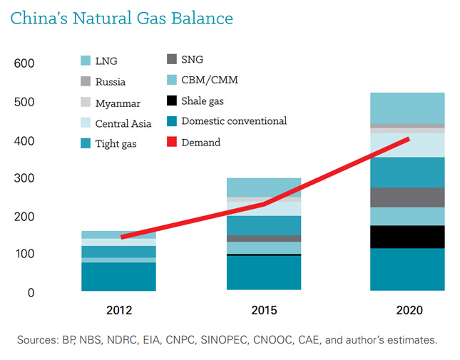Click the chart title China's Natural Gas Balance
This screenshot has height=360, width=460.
click(121, 17)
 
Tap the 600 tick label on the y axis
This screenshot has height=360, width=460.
click(24, 64)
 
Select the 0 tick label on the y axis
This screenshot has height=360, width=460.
click(30, 293)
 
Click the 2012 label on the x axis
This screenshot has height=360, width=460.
click(118, 311)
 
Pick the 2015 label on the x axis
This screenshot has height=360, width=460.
click(264, 311)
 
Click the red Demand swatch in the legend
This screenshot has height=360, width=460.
click(171, 142)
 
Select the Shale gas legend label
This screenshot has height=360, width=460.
click(203, 101)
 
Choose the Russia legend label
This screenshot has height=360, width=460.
click(111, 82)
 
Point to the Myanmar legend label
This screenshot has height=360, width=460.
click(118, 103)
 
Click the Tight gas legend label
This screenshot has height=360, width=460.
click(116, 144)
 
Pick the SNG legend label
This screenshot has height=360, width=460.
click(192, 60)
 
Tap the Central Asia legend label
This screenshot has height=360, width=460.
click(123, 124)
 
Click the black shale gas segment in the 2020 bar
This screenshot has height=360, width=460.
click(407, 237)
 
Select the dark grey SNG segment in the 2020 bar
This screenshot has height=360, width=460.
click(407, 197)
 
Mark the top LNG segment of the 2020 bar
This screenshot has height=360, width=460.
click(407, 108)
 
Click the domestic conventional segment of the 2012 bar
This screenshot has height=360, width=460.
click(118, 277)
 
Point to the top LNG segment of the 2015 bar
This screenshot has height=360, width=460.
click(264, 187)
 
